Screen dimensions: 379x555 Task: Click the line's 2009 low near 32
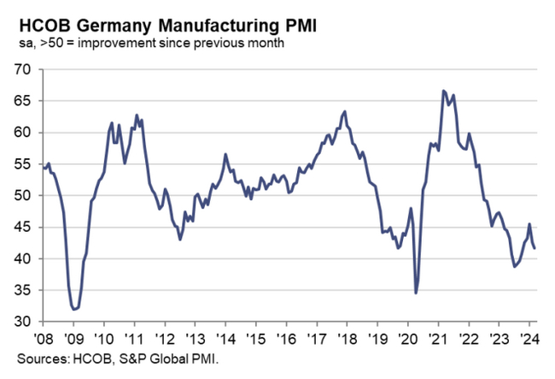74,309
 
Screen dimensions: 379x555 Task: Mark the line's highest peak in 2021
443,91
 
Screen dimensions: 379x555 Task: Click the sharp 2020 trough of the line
416,293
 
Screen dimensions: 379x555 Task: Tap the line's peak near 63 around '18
344,111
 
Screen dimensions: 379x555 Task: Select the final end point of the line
535,248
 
